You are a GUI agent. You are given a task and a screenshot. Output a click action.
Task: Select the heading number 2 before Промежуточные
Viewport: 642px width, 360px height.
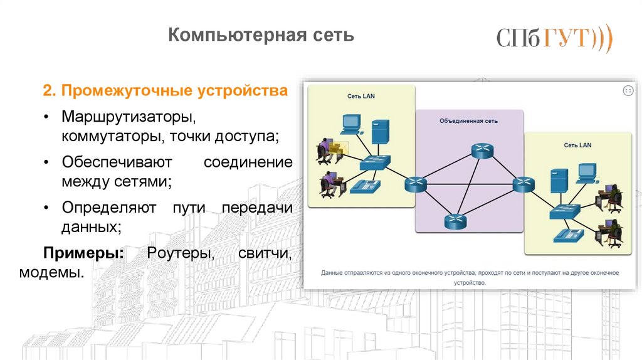(x=46, y=92)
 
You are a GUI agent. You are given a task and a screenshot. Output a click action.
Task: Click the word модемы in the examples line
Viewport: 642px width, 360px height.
(x=51, y=273)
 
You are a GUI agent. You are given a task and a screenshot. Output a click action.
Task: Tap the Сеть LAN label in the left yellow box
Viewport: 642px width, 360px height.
(x=361, y=96)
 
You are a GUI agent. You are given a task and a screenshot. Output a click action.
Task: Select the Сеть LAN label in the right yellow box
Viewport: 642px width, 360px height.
(x=577, y=145)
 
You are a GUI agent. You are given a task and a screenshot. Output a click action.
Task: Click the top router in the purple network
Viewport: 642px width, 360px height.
(x=482, y=150)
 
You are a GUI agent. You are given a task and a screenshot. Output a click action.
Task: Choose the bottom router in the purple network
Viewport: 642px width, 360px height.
(x=455, y=221)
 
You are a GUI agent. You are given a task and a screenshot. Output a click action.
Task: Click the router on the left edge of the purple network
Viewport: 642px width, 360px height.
(x=416, y=184)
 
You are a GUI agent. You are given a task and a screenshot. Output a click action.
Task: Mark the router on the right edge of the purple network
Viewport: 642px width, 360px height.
(x=522, y=184)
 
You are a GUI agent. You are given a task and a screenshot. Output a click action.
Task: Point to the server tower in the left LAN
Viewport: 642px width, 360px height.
(x=379, y=132)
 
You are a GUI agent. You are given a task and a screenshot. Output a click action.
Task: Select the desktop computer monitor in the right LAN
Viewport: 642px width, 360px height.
(x=586, y=171)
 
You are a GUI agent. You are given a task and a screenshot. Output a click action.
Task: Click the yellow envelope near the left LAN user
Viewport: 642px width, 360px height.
(x=338, y=147)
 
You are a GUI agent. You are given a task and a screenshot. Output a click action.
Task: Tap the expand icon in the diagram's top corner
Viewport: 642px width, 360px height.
(x=628, y=92)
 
